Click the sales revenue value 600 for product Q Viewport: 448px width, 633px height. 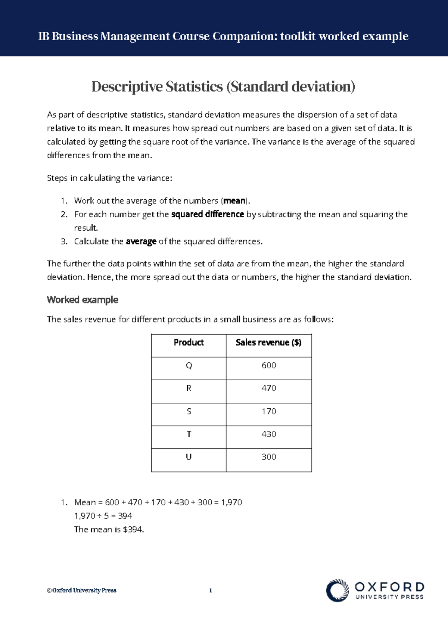pos(269,365)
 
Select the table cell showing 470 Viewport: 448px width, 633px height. pos(269,388)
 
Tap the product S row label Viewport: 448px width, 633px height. pos(189,411)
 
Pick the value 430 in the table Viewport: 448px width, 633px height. pos(269,434)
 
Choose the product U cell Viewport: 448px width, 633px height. pos(189,457)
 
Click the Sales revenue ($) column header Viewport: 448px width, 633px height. pos(268,343)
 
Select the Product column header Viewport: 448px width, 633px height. pos(189,343)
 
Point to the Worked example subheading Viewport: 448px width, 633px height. pos(83,300)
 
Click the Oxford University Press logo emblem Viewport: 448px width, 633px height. pos(337,590)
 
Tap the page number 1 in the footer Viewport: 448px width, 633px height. pos(211,590)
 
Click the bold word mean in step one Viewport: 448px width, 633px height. pos(234,201)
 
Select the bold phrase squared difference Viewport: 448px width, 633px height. pos(208,214)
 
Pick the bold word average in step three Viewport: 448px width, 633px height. pos(141,241)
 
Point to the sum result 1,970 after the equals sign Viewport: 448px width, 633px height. pos(231,502)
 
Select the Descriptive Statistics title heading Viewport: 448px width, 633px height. pos(223,87)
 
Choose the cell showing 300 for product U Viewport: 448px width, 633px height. pos(269,457)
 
